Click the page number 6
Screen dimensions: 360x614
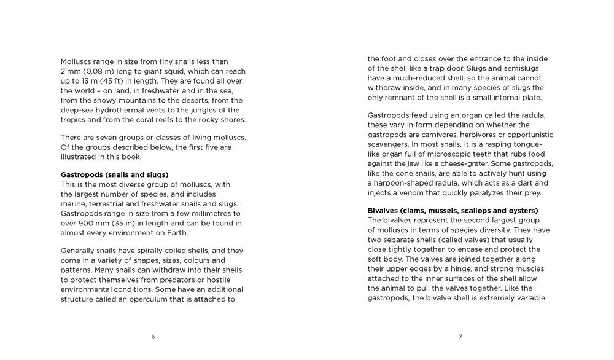coord(153,336)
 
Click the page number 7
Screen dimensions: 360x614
coord(460,336)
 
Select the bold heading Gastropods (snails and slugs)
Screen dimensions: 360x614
coord(114,174)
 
